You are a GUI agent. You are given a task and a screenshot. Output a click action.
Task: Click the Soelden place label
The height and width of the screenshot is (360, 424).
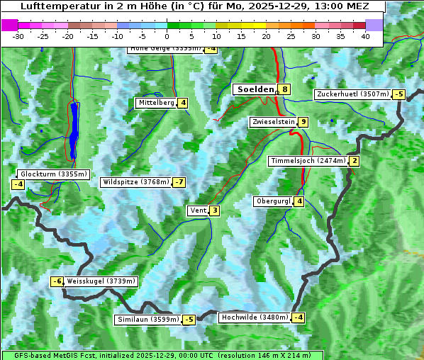[x=255, y=89]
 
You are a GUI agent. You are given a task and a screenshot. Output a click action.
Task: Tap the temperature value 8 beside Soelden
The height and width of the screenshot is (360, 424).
[x=284, y=89]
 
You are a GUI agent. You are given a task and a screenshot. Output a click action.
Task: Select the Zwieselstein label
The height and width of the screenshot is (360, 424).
[x=273, y=122]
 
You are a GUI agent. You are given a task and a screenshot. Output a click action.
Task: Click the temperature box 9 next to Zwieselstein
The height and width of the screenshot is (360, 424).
[x=303, y=122]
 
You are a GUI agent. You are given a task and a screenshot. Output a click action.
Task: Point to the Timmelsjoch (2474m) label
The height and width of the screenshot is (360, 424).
[x=308, y=161]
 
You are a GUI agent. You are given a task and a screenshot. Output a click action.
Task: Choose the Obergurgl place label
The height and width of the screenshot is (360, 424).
[x=273, y=201]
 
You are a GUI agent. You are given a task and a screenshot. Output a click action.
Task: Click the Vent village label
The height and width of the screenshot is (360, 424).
[x=198, y=210]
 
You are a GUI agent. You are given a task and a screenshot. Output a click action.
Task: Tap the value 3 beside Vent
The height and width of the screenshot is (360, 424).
[x=214, y=210]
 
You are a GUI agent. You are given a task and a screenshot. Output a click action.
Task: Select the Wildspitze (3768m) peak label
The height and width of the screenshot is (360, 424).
[x=136, y=182]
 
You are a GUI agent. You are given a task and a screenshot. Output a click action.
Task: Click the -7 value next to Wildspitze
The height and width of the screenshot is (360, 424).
[x=179, y=182]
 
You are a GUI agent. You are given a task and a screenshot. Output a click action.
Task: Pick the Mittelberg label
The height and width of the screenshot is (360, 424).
[x=156, y=103]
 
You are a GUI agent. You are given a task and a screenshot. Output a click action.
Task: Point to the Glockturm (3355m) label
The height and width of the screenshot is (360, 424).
[x=54, y=174]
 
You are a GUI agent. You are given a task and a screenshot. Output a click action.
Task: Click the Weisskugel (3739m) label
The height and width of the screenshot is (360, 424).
[x=101, y=281]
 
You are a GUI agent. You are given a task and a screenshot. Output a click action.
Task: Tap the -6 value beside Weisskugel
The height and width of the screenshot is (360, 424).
[x=57, y=281]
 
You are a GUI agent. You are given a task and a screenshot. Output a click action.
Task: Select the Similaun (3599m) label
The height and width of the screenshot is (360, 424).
[x=148, y=320]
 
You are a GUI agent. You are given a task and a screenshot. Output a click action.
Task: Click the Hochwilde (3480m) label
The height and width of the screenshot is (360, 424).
[x=255, y=317]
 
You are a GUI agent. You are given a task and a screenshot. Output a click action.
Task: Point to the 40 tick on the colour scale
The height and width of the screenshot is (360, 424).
[x=365, y=36]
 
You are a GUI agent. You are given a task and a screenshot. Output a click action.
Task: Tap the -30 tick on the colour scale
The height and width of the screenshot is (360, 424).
[x=18, y=36]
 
